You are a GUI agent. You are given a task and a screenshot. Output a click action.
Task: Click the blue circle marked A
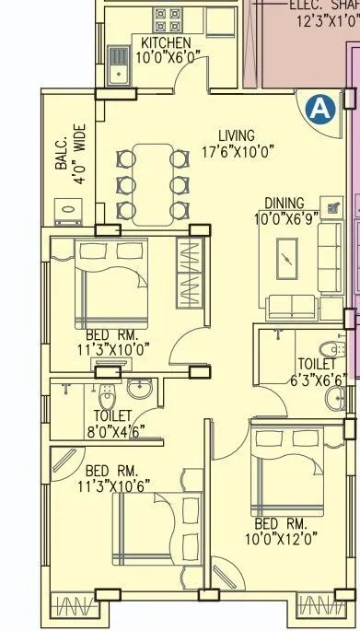point(319,110)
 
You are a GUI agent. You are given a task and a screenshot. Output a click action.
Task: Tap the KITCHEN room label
point(166,43)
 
